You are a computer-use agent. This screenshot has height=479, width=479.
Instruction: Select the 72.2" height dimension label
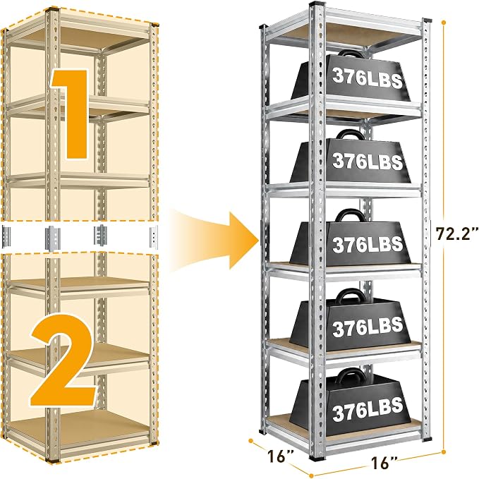point(456,234)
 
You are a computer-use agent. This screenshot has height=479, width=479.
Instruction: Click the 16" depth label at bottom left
point(281,456)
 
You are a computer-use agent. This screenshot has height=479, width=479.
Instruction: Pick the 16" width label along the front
point(384,463)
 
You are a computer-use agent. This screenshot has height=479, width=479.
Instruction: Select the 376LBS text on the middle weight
point(368,243)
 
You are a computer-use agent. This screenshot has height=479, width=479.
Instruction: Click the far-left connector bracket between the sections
point(6,236)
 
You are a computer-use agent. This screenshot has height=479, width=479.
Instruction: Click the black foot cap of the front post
point(317,458)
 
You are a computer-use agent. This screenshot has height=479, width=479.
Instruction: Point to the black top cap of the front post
point(317,4)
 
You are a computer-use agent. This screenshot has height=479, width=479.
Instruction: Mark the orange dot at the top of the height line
point(444,23)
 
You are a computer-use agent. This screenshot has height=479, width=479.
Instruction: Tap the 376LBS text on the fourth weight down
point(368,326)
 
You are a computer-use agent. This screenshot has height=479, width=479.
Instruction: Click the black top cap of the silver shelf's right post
point(427,20)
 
